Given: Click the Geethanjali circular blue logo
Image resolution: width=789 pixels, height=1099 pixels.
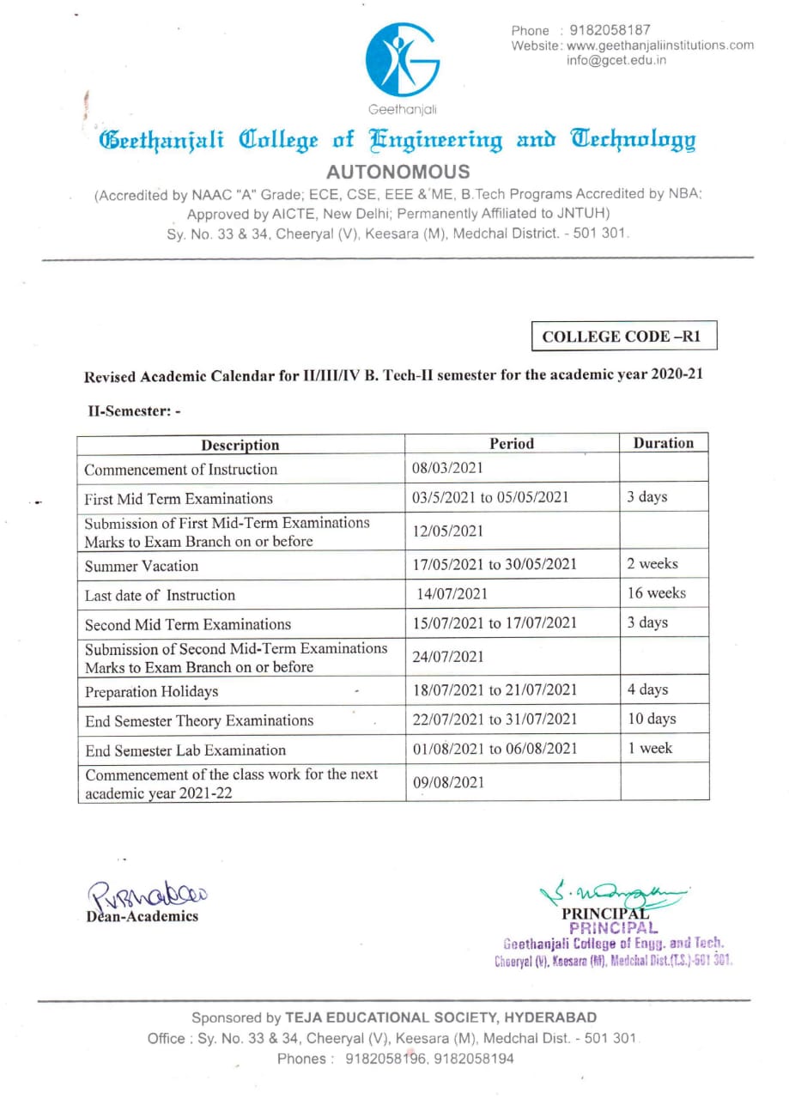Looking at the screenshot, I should click(x=403, y=60).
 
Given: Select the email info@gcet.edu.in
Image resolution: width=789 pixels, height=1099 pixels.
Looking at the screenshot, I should click(x=616, y=60).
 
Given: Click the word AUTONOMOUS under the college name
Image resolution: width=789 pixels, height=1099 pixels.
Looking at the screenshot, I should click(x=398, y=172).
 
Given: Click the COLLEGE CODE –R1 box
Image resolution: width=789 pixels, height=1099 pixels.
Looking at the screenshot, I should click(x=622, y=337).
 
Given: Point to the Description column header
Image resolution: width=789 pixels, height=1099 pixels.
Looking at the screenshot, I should click(x=240, y=445).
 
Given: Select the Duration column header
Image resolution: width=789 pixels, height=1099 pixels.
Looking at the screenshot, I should click(x=663, y=443).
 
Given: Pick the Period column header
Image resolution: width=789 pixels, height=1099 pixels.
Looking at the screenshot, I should click(x=512, y=444).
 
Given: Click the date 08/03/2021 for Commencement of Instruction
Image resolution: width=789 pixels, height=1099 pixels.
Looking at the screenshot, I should click(x=448, y=468).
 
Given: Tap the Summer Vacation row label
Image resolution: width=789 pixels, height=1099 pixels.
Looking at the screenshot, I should click(x=141, y=566).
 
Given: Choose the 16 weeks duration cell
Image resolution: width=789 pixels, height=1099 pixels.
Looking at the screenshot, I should click(x=656, y=593).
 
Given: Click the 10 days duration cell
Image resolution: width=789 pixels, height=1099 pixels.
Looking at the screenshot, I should click(x=652, y=720).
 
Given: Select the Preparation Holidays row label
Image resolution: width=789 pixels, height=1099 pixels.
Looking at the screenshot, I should click(x=151, y=691).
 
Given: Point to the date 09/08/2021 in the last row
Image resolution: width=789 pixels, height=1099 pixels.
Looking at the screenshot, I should click(x=448, y=782).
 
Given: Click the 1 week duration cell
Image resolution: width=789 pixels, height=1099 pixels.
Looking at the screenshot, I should click(x=650, y=749).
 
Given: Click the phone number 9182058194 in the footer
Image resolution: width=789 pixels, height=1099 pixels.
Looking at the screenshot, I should click(x=475, y=1059).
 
